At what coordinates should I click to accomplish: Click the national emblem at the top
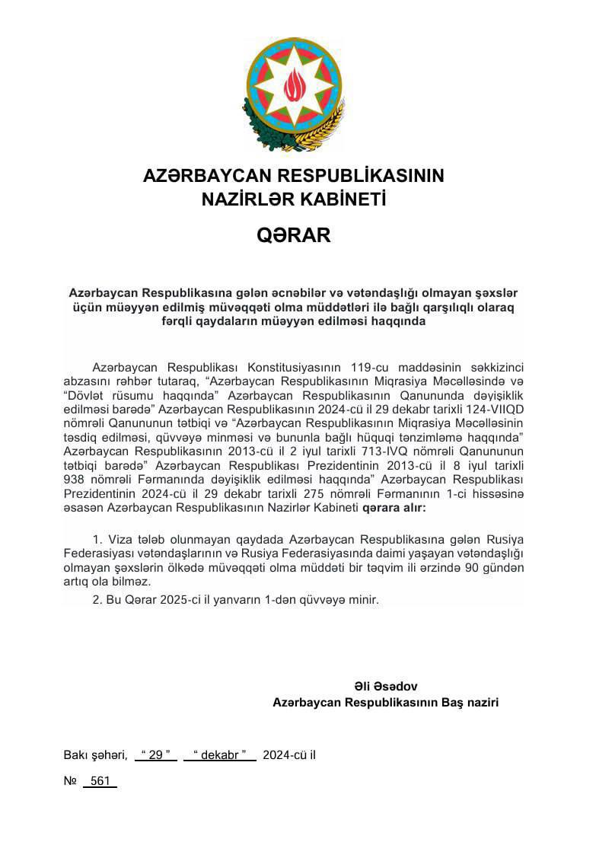point(294,94)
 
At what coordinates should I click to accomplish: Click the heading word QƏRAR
point(294,235)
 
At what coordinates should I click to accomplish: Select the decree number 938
point(78,480)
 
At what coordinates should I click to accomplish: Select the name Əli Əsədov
point(386,686)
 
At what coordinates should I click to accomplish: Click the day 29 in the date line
point(155,755)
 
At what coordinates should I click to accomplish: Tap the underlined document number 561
point(100,781)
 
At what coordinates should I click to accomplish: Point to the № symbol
point(70,781)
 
